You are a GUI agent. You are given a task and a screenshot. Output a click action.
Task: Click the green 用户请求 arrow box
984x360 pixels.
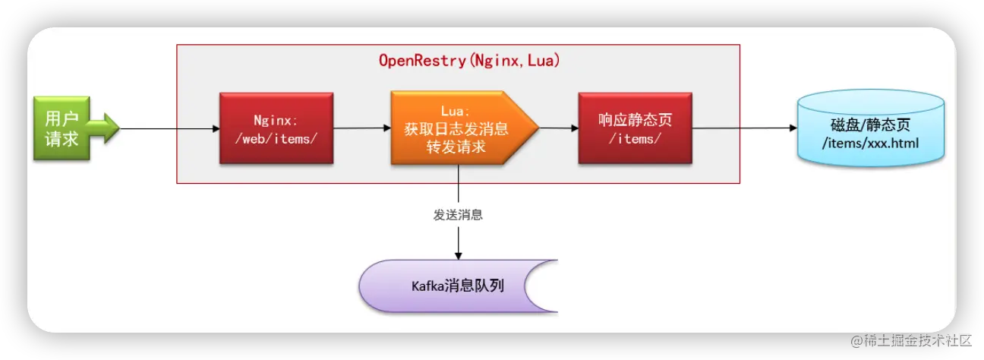[62, 128]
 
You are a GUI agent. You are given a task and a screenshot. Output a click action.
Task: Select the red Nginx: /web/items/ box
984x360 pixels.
[276, 128]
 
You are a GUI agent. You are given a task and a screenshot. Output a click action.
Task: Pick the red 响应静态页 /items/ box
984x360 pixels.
[635, 128]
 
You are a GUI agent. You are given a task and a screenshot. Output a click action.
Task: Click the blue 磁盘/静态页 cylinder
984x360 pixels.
[870, 128]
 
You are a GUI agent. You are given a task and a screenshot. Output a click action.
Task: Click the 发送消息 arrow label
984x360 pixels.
[458, 215]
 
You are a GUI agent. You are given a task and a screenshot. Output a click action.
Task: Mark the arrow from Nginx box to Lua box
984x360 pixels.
[361, 128]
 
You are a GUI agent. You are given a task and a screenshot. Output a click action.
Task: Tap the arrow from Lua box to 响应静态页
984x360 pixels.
[558, 128]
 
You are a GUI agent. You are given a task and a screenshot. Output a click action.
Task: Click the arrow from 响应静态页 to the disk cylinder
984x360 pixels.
[744, 128]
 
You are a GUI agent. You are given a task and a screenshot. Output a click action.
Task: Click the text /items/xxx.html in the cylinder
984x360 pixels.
[870, 141]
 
